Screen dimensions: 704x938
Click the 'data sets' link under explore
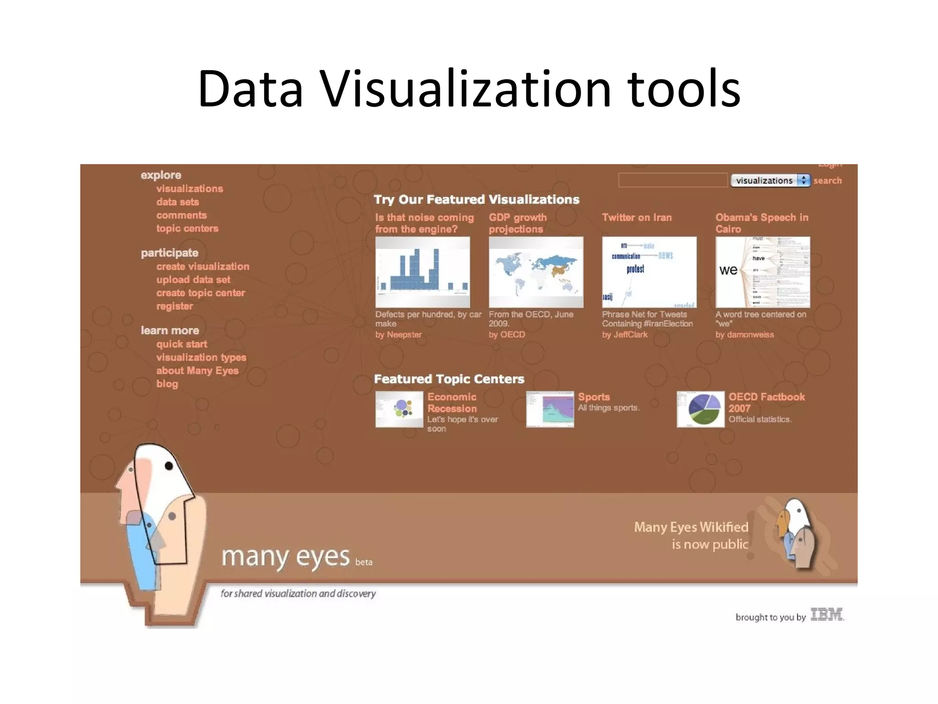coord(177,202)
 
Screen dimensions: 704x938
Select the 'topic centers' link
coord(187,229)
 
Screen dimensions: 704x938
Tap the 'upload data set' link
coord(193,280)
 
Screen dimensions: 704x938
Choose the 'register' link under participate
coord(175,307)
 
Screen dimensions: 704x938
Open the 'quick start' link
coord(181,344)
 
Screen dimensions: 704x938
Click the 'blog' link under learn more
coord(167,384)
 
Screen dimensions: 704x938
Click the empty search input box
coord(672,181)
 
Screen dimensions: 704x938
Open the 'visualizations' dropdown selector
coord(770,181)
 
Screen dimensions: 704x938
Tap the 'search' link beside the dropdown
coord(827,181)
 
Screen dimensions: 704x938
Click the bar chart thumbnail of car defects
coord(422,272)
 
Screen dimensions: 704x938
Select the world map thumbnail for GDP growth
coord(536,272)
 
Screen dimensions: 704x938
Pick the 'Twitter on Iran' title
coord(637,218)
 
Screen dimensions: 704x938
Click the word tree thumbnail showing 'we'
coord(763,272)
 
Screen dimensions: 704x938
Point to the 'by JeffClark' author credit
coord(625,335)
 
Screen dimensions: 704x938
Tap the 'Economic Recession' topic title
coord(452,403)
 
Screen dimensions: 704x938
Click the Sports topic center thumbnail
coord(550,409)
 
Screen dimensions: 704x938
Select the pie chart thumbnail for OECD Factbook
coord(700,409)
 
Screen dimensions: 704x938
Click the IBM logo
coord(827,615)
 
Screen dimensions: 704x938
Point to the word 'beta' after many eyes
coord(364,562)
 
